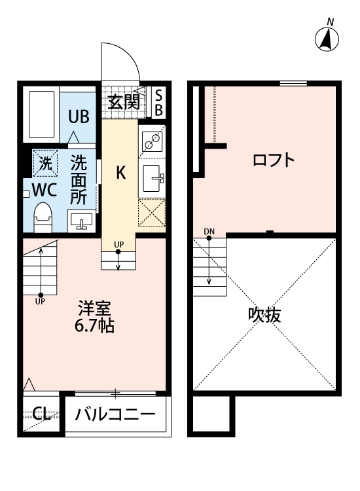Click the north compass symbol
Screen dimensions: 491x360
coord(327,39)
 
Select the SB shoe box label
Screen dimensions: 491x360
coord(158,101)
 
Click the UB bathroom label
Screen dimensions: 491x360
coord(79,117)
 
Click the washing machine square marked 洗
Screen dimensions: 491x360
coord(45,164)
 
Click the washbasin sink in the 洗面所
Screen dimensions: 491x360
coord(81,221)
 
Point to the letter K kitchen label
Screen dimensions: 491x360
coord(120,173)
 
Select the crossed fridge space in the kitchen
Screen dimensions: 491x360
coord(152,213)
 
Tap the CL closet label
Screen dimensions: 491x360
coord(41,413)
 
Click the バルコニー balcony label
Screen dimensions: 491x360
coord(115,415)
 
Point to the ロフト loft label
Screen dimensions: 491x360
coord(273,160)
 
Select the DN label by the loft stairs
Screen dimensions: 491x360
coord(209,231)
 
